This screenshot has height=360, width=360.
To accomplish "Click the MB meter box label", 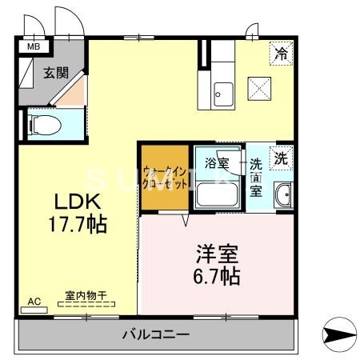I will [x=34, y=46].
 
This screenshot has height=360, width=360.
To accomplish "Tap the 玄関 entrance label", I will [x=55, y=73].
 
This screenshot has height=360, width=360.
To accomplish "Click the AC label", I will [x=34, y=302].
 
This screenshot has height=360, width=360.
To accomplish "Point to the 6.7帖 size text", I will [x=218, y=278].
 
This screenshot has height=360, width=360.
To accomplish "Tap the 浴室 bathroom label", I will [x=216, y=163].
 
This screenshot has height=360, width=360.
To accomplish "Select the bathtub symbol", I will [x=217, y=194].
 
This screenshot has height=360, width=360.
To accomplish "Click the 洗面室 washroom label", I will [x=256, y=177].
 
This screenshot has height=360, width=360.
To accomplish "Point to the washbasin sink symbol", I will [x=282, y=194].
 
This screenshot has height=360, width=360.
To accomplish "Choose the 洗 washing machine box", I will [x=281, y=158].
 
